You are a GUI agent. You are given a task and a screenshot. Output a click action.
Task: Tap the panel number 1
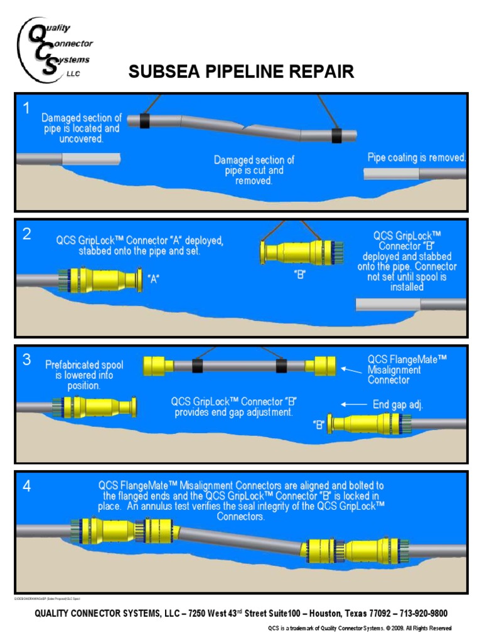coord(27,108)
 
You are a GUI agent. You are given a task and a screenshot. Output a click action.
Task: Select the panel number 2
coord(27,234)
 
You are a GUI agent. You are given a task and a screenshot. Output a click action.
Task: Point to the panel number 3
coord(27,359)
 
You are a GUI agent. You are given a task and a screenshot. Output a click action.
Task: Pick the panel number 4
coord(27,486)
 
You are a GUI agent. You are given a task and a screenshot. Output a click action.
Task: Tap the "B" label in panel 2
coord(299,275)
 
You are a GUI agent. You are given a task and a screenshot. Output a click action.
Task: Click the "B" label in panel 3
coord(319,425)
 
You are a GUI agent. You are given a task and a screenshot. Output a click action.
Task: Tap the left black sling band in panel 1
coord(145,121)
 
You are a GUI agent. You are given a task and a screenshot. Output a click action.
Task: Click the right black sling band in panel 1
coord(338,135)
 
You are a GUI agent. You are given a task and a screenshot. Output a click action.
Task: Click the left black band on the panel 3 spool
coord(198,366)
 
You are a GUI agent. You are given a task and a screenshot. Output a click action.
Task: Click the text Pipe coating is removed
coord(416,157)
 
